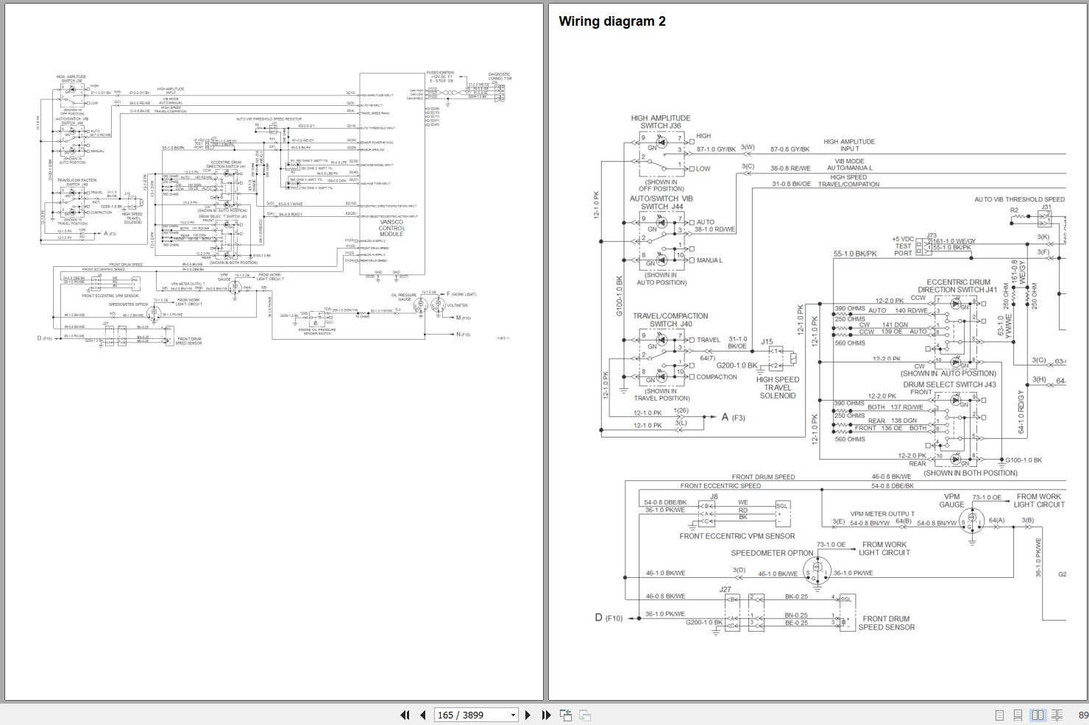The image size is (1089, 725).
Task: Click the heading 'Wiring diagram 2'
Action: coord(612,21)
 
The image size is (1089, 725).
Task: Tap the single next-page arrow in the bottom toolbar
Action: coord(528,715)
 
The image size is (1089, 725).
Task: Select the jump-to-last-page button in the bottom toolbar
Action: coord(546,715)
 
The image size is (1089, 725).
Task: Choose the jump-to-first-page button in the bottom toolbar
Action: coord(405,715)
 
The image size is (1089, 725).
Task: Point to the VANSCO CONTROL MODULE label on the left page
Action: coord(391,227)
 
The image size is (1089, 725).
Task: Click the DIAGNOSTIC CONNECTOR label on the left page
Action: coord(500,76)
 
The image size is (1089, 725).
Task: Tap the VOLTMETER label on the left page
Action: coord(457,305)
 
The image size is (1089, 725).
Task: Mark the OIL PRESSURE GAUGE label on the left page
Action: coord(405,297)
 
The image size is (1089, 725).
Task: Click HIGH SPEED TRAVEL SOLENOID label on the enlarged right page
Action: coord(778,387)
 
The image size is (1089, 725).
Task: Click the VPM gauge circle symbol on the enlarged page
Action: coord(971,520)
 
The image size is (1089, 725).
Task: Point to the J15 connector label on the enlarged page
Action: coord(767,341)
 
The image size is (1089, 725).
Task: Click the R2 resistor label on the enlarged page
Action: coord(1014,210)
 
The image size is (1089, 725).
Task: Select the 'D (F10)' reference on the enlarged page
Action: coord(609,618)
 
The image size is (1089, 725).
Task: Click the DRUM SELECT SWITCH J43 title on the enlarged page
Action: coord(949,384)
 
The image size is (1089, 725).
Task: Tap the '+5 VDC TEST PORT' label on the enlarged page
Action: coord(903,246)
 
